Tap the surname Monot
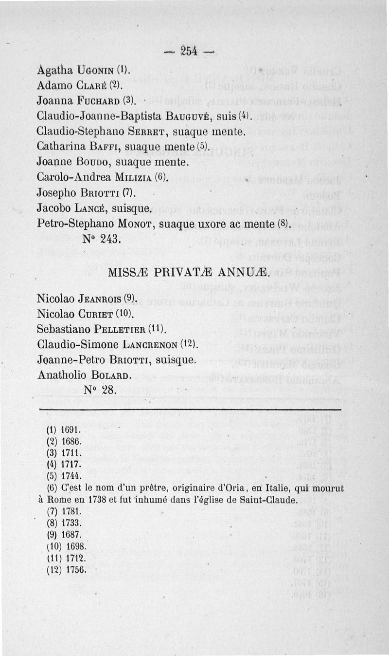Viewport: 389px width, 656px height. [x=134, y=224]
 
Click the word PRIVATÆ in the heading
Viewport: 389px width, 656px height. [x=189, y=273]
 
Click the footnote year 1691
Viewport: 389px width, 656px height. [x=72, y=431]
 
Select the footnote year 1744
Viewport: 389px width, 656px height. [x=72, y=475]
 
